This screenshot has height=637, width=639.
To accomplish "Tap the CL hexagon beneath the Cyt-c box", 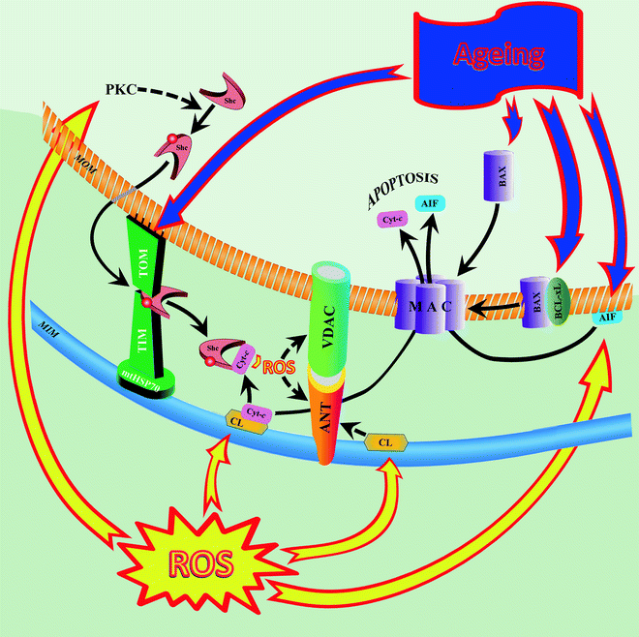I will (237, 421).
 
